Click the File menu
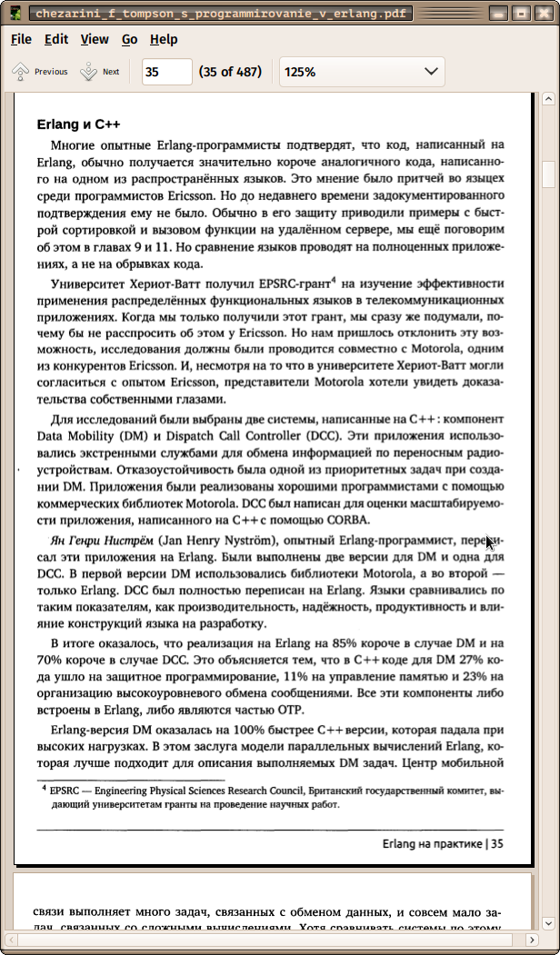click(21, 39)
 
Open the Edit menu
click(56, 39)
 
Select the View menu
click(95, 39)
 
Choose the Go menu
click(130, 39)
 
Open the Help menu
click(164, 39)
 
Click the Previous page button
click(40, 72)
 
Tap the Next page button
click(100, 72)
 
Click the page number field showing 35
click(166, 72)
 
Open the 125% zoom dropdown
click(362, 72)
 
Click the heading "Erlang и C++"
click(79, 124)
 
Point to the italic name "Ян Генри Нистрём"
click(101, 540)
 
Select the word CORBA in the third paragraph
click(346, 520)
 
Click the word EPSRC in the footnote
click(65, 791)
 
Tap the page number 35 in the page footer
click(497, 844)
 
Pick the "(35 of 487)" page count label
click(230, 72)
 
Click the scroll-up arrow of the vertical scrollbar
click(548, 99)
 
